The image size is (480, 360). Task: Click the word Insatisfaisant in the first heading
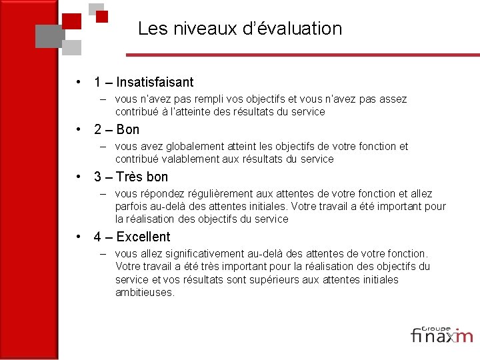(155, 83)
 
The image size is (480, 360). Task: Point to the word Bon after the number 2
(128, 130)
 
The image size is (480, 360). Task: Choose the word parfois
(131, 206)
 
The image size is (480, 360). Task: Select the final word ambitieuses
(144, 292)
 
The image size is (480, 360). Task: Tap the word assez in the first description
(393, 99)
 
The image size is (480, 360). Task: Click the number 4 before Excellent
(97, 237)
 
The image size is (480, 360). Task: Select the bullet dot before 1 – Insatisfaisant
(79, 83)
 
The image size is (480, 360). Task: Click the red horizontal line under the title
(300, 53)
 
